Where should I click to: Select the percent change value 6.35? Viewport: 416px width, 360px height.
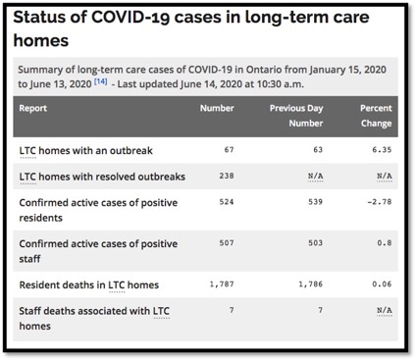point(382,149)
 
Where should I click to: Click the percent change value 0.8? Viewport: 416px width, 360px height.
point(385,243)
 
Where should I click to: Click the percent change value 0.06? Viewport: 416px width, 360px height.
point(382,284)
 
